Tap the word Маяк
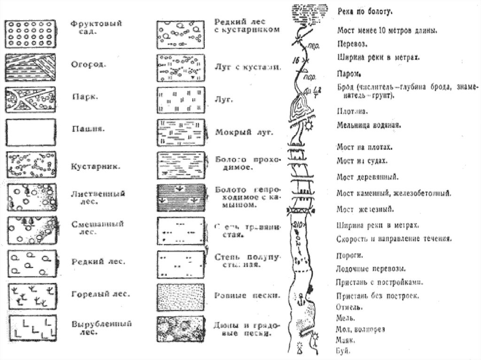tap(346, 339)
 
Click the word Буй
tap(343, 349)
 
